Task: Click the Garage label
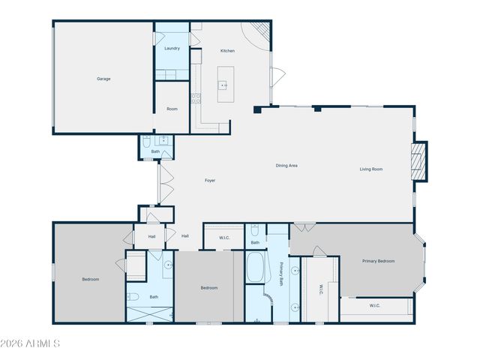tap(103, 79)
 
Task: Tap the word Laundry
tap(172, 49)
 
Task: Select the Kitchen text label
tap(227, 51)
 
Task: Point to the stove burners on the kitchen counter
tap(196, 97)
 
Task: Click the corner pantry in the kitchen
tap(259, 31)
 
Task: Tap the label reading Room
tap(172, 109)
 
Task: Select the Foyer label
tap(211, 181)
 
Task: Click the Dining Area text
tap(287, 166)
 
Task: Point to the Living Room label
tap(371, 169)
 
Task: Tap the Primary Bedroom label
tap(378, 261)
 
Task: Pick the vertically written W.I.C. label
tap(321, 288)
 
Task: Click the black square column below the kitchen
tap(257, 109)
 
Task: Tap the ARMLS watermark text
tap(30, 343)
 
